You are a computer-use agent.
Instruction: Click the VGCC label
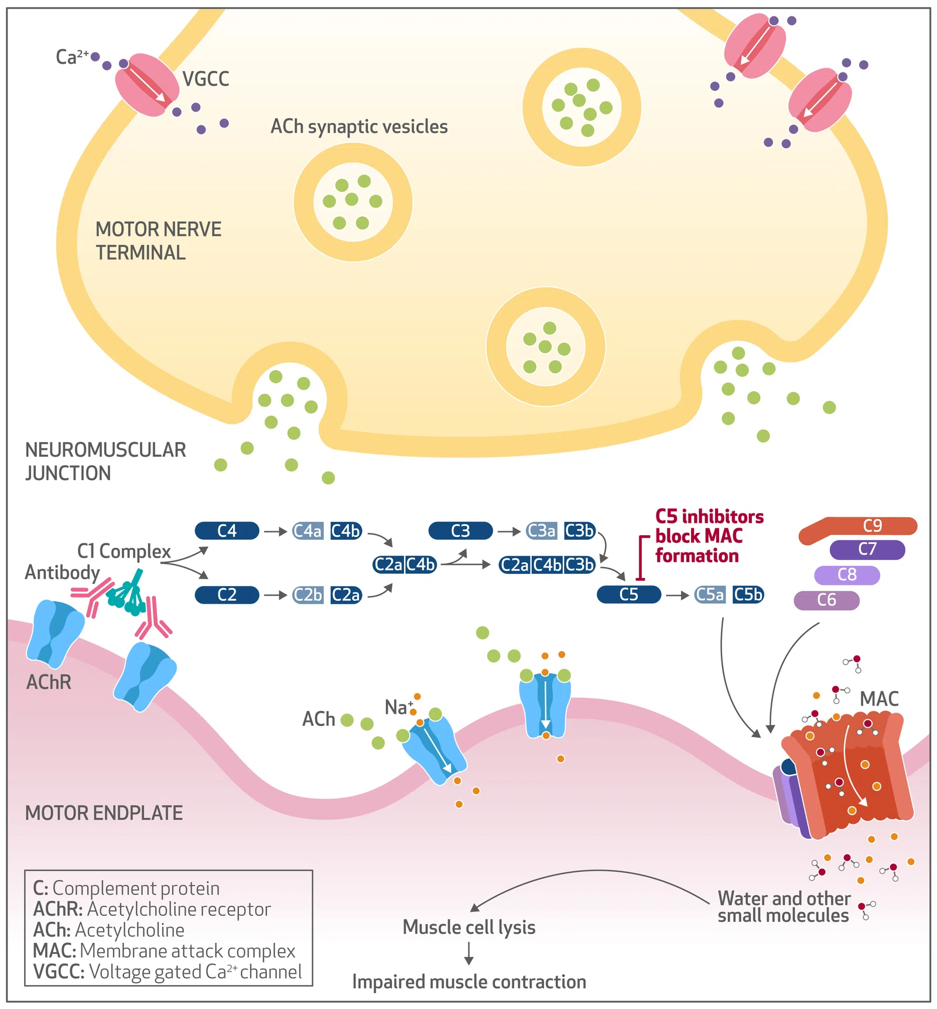click(206, 79)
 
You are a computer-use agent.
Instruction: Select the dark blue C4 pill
click(227, 531)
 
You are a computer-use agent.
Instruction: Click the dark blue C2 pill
click(227, 595)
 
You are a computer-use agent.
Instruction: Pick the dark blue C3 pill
click(460, 531)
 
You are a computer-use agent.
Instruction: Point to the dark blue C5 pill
click(628, 595)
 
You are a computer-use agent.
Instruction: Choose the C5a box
click(710, 595)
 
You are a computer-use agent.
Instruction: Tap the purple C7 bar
click(867, 550)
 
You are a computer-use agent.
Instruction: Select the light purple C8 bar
click(847, 575)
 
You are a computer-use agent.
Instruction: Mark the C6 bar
click(826, 600)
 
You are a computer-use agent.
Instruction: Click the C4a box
click(308, 531)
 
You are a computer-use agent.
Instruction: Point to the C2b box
click(308, 595)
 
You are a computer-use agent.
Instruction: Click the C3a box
click(542, 531)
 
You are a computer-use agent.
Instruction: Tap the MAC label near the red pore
click(878, 699)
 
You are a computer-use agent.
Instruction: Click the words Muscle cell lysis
click(469, 928)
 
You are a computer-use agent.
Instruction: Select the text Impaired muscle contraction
click(469, 982)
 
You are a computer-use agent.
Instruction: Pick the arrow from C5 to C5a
click(678, 596)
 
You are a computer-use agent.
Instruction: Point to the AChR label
click(49, 682)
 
